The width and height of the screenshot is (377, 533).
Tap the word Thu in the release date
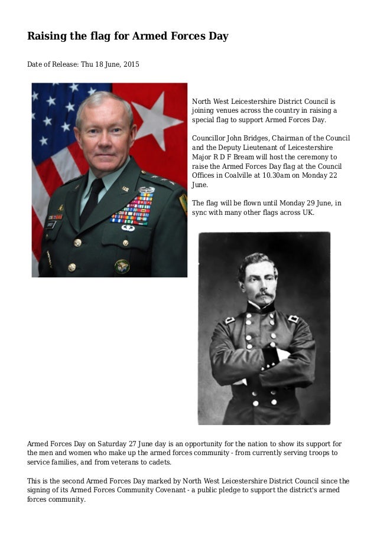click(84, 64)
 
